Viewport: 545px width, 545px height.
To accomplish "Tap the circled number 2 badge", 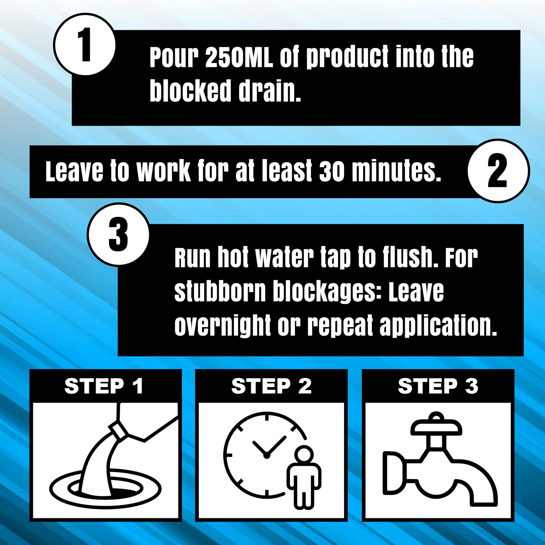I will tap(498, 171).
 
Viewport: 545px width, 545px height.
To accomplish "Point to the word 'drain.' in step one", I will tap(269, 91).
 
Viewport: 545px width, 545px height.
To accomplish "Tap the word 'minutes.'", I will tap(396, 171).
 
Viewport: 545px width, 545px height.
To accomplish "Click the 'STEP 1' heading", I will tap(104, 386).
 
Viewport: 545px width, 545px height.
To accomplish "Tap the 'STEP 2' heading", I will tap(271, 386).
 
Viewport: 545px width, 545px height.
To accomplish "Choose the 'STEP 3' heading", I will tap(438, 386).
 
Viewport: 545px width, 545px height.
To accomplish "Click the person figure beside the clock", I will tap(304, 477).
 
